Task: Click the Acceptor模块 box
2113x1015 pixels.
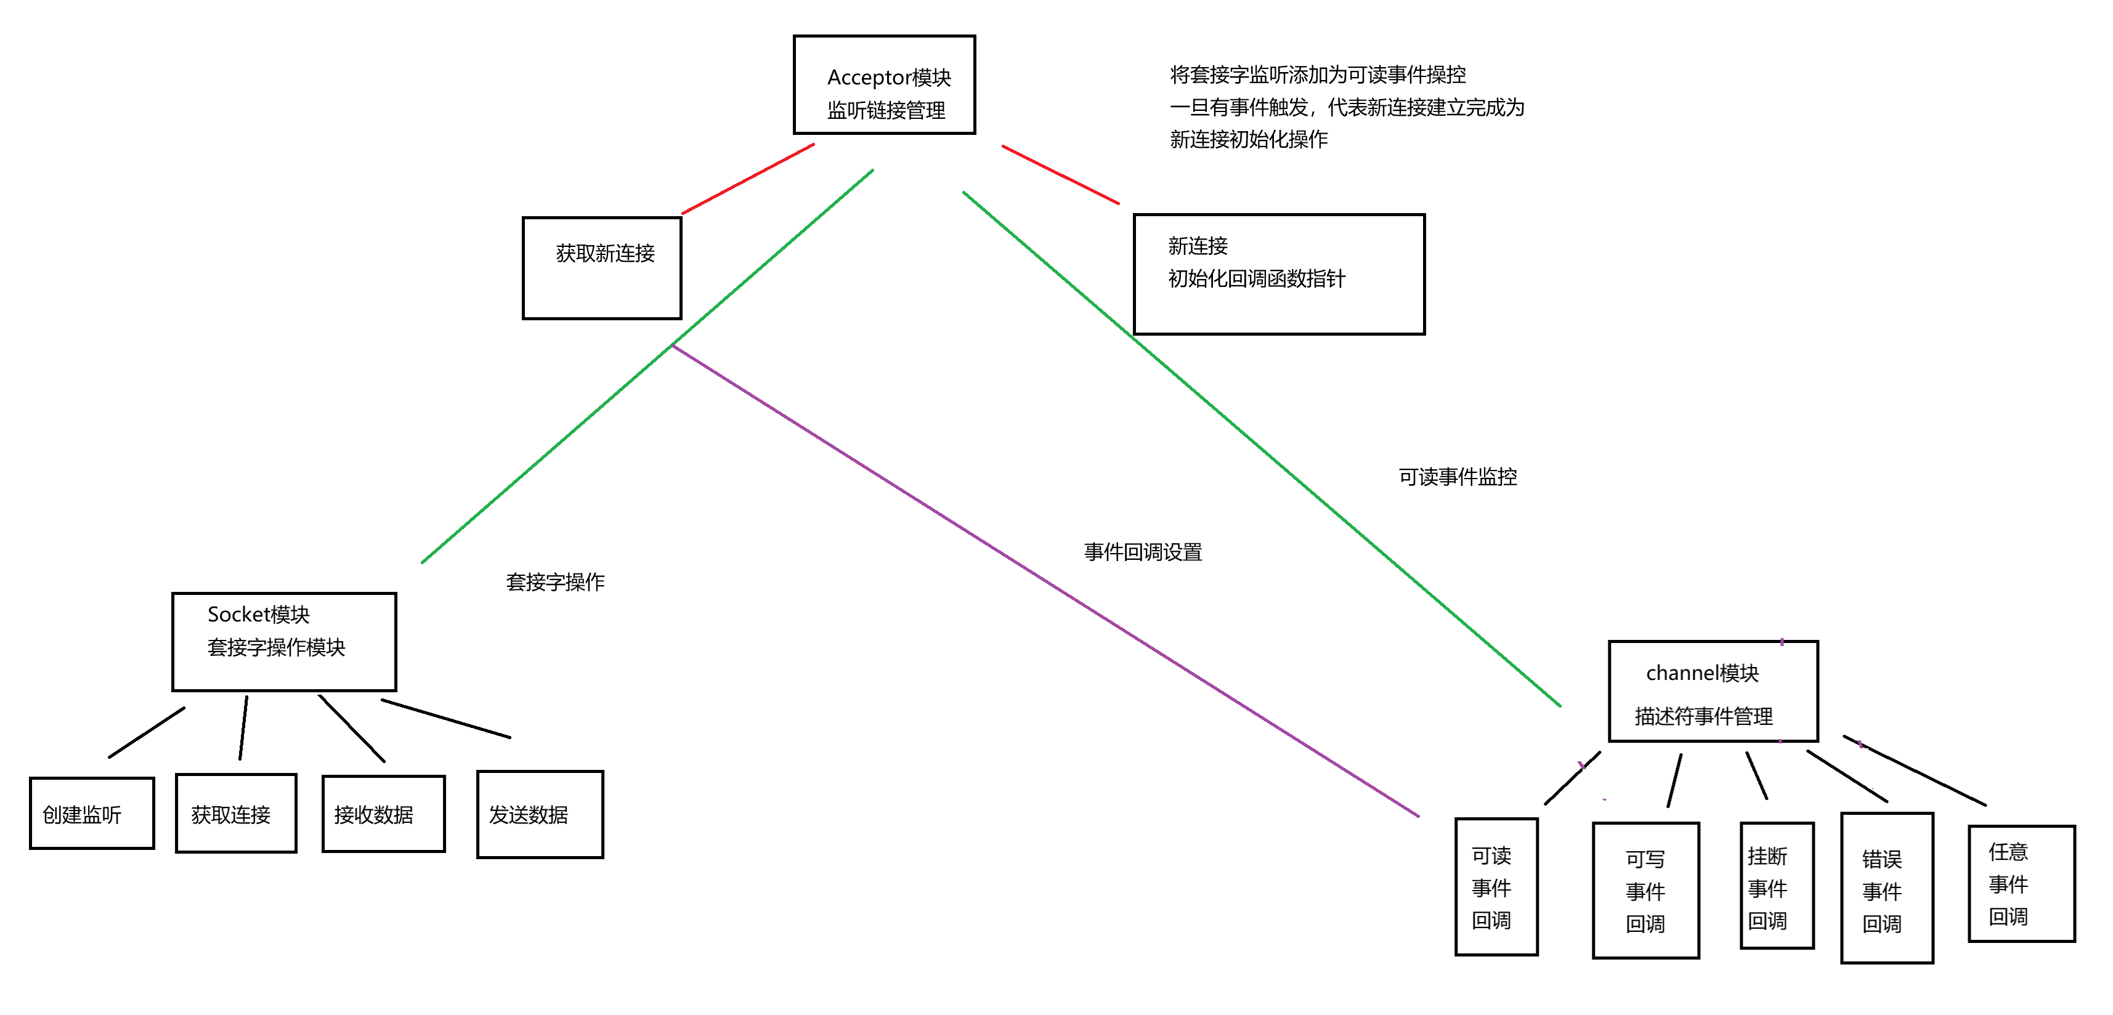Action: point(884,84)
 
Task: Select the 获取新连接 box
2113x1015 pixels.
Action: point(602,267)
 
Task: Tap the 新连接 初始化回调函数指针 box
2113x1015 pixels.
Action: point(1279,274)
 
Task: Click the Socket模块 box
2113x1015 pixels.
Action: point(284,641)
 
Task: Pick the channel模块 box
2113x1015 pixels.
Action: point(1713,691)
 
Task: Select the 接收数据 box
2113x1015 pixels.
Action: point(384,814)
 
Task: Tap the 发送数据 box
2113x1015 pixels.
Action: point(540,814)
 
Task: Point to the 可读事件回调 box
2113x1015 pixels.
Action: point(1496,886)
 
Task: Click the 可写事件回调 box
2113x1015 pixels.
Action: point(1645,889)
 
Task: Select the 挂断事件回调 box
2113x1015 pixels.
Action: point(1777,886)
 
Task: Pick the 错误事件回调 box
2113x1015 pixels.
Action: point(1886,888)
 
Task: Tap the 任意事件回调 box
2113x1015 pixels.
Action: point(2021,883)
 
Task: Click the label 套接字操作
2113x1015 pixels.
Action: point(555,582)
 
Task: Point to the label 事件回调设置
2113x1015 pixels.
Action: point(1143,552)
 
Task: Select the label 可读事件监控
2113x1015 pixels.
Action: point(1458,477)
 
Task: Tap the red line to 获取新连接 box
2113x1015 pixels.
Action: point(748,179)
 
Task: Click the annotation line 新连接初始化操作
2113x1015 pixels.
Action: point(1249,139)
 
